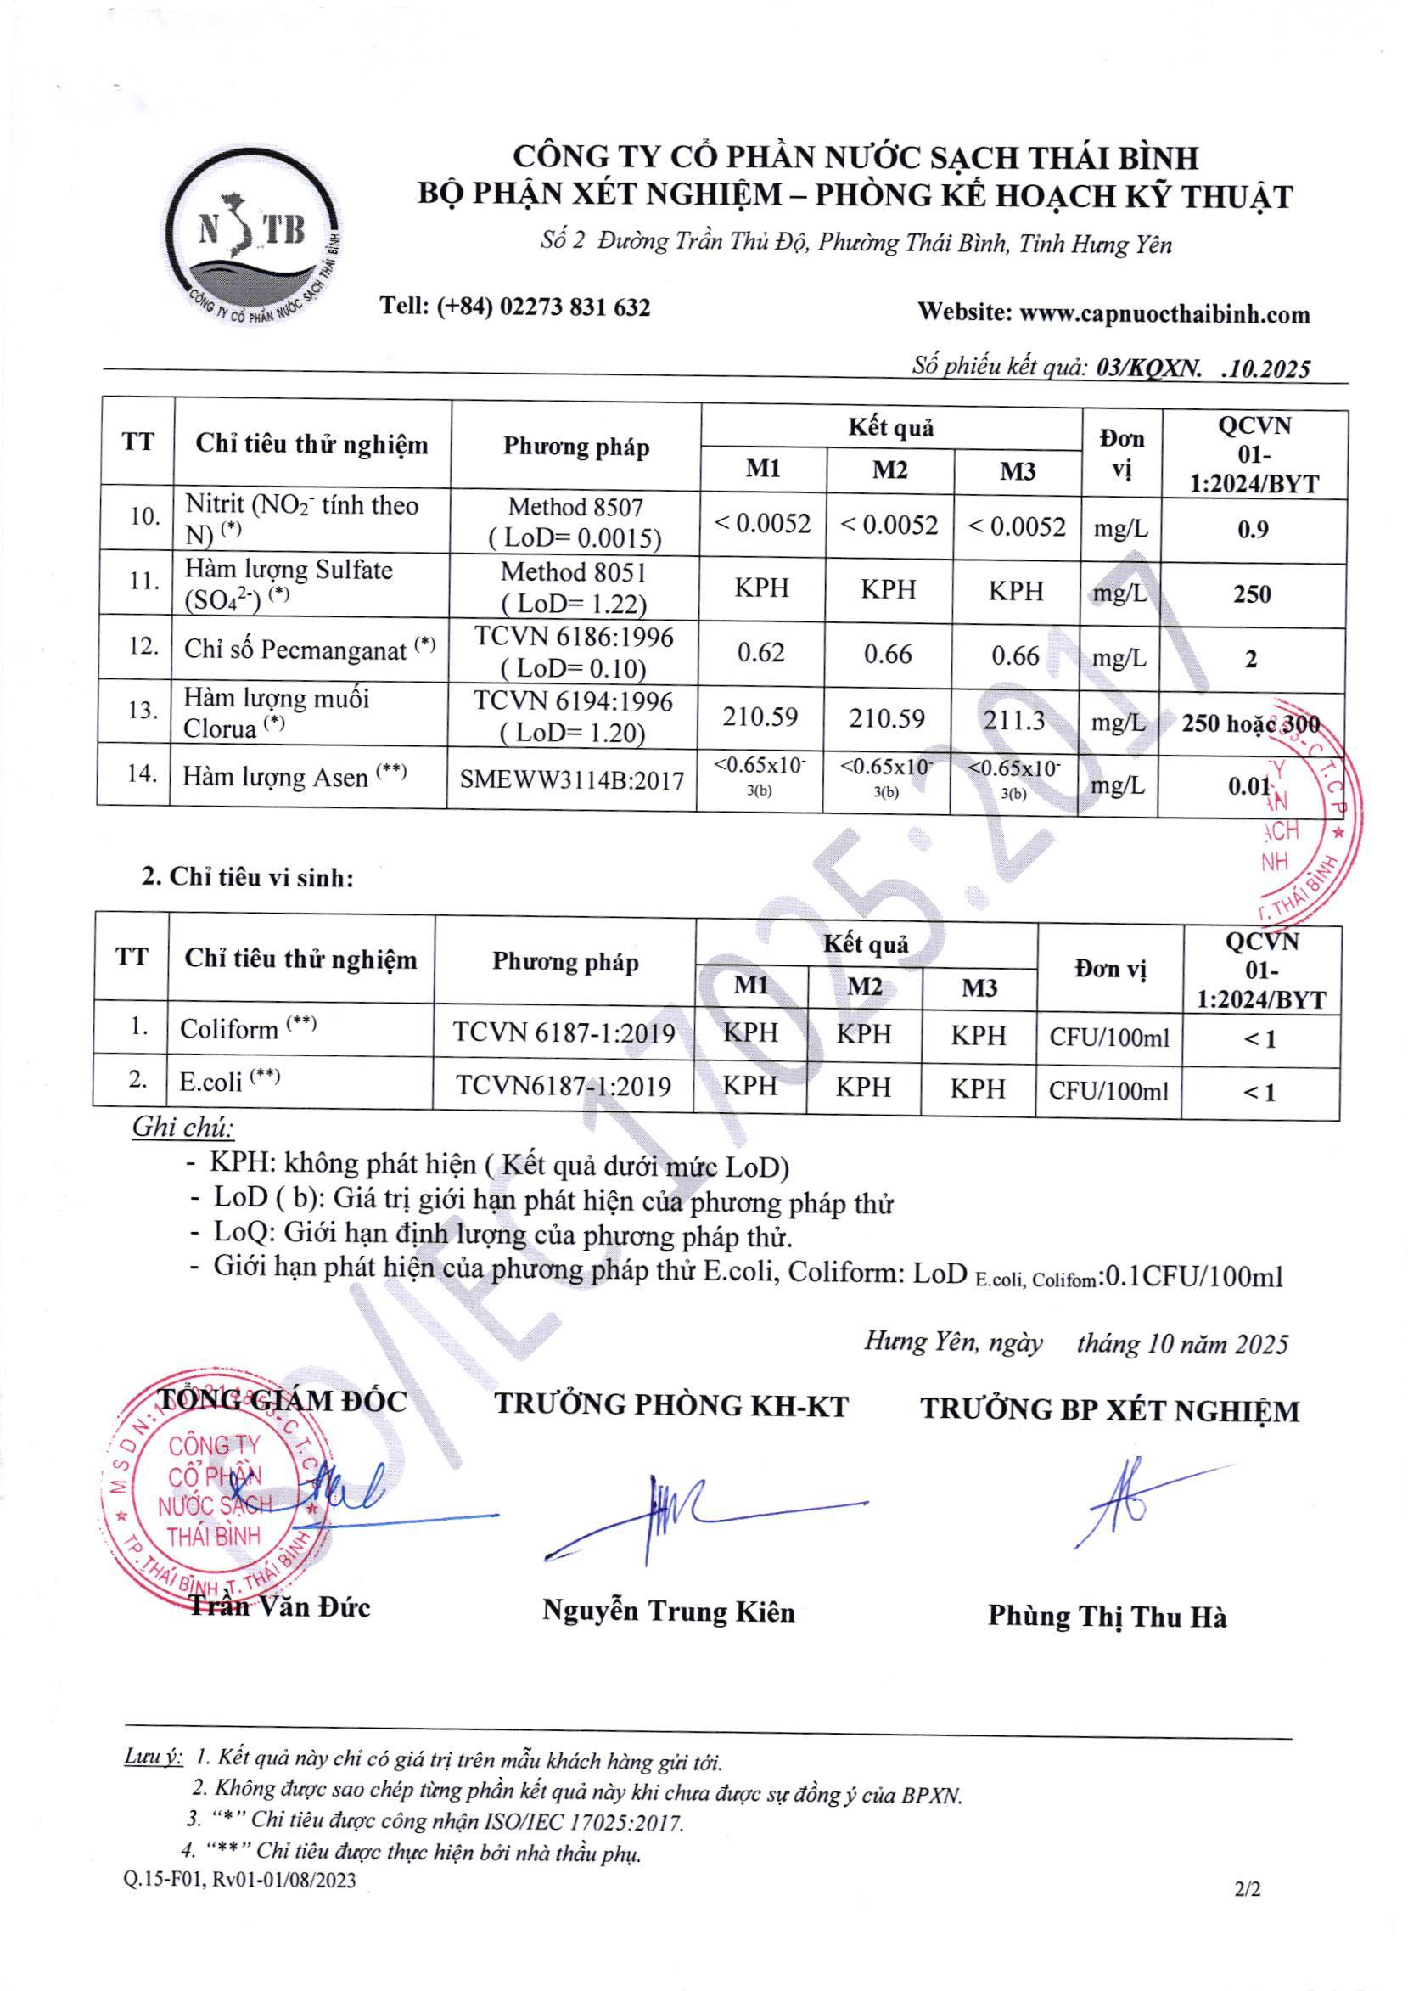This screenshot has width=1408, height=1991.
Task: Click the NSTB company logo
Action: [251, 238]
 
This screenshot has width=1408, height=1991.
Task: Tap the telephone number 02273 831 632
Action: [575, 307]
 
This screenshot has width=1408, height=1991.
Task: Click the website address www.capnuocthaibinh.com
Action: [1164, 314]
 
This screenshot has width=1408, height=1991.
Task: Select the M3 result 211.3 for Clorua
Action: [1013, 720]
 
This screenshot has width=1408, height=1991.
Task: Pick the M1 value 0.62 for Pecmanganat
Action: [760, 652]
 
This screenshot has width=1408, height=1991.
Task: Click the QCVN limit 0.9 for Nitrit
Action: [1253, 529]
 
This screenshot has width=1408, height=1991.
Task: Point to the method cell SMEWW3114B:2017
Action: [571, 780]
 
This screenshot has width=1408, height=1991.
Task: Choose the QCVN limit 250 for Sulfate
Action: [1252, 594]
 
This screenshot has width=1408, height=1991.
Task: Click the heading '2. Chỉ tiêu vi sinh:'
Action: [248, 877]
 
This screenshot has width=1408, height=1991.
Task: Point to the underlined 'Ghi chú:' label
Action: [183, 1127]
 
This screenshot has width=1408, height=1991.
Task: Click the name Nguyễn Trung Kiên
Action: [669, 1611]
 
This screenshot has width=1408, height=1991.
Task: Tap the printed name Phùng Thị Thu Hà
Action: [1108, 1617]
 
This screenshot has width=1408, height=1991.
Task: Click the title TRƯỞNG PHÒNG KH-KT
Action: [671, 1406]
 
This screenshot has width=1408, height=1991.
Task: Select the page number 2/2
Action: [1248, 1913]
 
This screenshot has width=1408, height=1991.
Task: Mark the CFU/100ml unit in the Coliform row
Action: [1109, 1038]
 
